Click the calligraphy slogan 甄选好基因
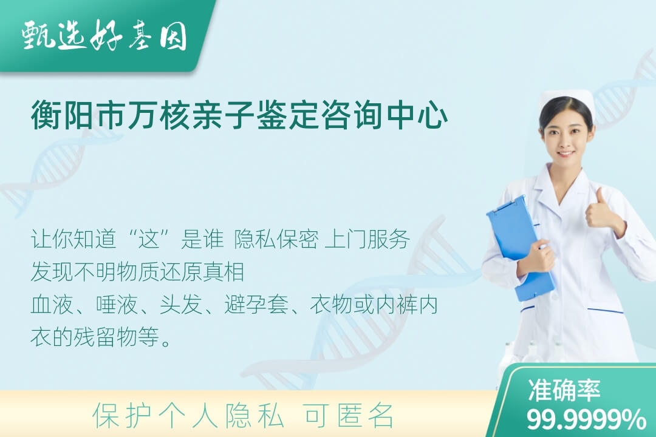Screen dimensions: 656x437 pos(104,36)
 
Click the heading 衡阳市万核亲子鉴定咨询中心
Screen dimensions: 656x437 pos(240,115)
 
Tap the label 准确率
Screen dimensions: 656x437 pos(564,390)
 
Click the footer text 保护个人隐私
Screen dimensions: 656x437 pos(188,415)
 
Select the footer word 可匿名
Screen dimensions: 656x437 pos(349,415)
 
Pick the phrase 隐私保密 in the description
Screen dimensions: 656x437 pos(276,240)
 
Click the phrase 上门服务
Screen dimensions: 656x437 pos(367,240)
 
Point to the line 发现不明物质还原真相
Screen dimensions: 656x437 pos(137,272)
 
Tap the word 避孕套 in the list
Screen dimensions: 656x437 pos(256,305)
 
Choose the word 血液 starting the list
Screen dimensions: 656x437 pos(52,305)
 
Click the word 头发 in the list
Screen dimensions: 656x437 pos(181,305)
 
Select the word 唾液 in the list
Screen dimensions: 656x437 pos(117,305)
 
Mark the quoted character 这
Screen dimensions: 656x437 pos(149,240)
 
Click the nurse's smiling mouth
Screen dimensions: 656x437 pos(565,154)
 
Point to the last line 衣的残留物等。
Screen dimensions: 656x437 pos(101,337)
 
